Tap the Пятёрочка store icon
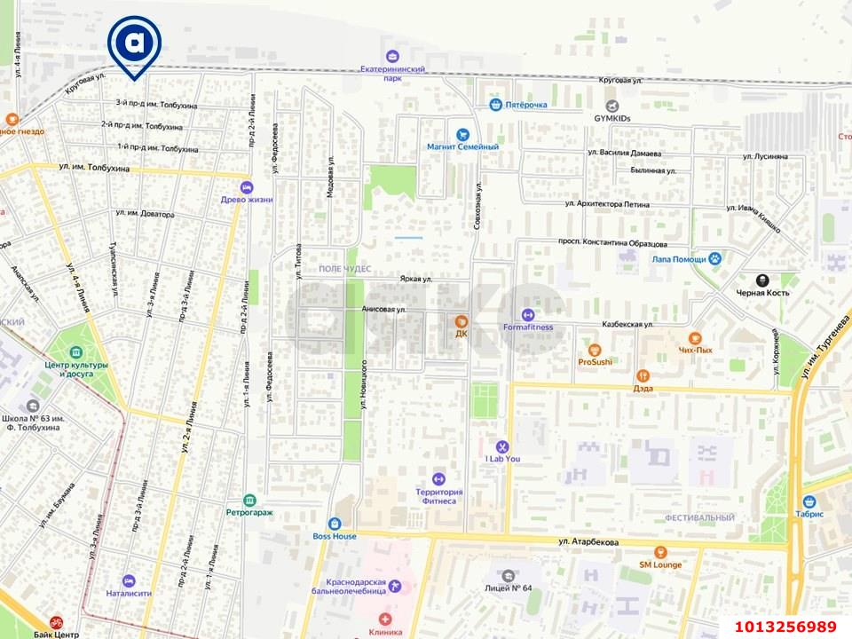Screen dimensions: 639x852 (496, 105)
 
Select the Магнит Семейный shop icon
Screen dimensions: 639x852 (461, 135)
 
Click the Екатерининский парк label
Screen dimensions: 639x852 (393, 73)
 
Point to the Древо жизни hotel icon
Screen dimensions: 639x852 (247, 187)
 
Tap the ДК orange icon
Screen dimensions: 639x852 (461, 321)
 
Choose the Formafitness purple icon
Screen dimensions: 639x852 (527, 314)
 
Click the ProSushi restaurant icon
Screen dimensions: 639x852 (595, 350)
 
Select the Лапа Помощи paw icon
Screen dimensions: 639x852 (714, 258)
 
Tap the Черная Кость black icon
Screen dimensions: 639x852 (761, 280)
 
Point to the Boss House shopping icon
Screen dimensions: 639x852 (335, 524)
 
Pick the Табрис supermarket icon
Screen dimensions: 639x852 (809, 501)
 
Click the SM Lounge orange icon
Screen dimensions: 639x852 (660, 552)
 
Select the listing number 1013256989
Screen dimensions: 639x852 (785, 626)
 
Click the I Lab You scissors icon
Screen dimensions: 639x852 (501, 446)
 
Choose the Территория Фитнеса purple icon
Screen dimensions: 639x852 (438, 479)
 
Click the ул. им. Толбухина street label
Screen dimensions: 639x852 (94, 168)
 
